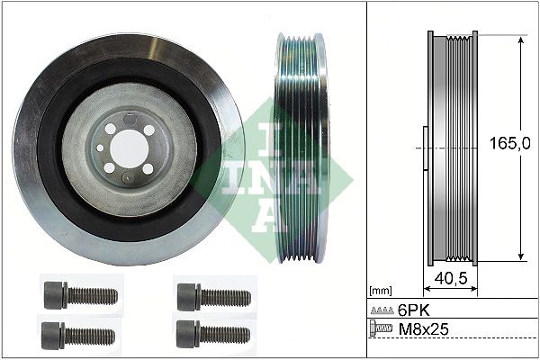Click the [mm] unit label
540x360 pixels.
point(380,292)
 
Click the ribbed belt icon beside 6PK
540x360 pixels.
point(381,309)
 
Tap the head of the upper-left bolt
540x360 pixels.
point(53,293)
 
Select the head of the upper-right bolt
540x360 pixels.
point(188,293)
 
